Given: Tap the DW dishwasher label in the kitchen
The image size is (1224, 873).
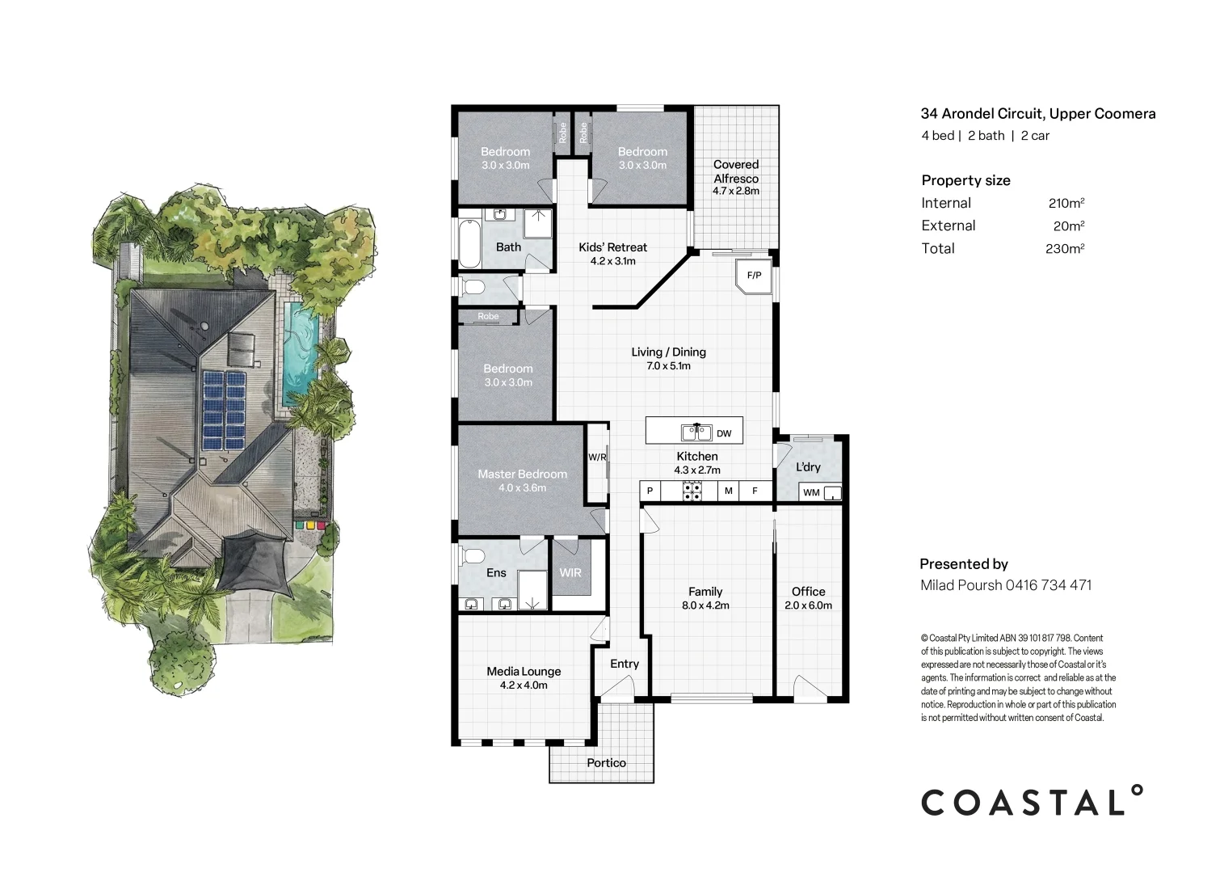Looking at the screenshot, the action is coord(723,433).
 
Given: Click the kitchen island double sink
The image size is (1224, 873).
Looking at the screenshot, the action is coord(696,432).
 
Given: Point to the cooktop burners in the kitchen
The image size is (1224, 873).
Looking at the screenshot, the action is coord(692,491).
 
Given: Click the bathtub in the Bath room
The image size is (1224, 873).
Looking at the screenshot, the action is coord(469,243).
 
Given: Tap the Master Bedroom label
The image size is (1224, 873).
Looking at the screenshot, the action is coord(523,474).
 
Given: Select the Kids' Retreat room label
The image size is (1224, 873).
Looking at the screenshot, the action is coord(612,247).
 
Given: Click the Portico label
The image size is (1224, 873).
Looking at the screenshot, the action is coord(606,762).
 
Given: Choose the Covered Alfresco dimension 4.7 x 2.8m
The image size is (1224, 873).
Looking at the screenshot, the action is coord(735,191).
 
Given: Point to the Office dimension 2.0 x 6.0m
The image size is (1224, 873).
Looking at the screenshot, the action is coord(808,605).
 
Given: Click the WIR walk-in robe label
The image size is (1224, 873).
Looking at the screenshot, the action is coord(570,572).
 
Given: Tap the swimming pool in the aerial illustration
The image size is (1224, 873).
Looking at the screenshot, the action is coord(301,352).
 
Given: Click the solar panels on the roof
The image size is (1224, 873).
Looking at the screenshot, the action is coord(225,410).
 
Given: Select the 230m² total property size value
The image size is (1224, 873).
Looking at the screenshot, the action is coord(1065,248).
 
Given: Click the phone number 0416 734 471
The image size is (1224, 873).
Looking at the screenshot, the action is coord(1049,585).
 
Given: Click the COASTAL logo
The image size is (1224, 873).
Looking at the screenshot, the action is coord(1032,801).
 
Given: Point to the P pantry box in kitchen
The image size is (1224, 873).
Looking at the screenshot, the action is coord(650,491).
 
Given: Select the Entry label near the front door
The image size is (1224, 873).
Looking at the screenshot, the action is coord(625,664).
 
